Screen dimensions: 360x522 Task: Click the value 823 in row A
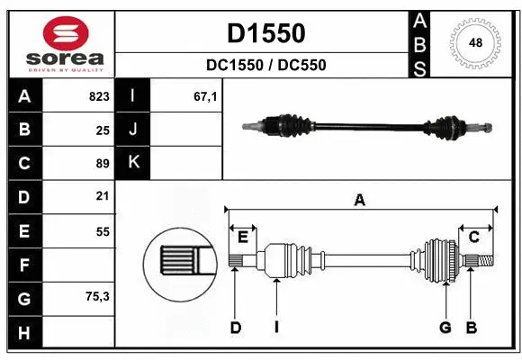[x=99, y=96]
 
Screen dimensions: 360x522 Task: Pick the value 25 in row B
[x=102, y=130]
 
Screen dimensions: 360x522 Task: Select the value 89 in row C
[x=102, y=163]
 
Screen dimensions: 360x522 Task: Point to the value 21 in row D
[x=102, y=195]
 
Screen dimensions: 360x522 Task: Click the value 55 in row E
[x=102, y=230]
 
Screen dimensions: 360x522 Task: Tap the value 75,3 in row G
[x=97, y=295]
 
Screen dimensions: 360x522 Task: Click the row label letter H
[x=24, y=333]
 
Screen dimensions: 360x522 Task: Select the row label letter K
[x=133, y=163]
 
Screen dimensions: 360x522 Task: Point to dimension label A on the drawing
[x=360, y=201]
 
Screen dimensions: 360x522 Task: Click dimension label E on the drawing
[x=243, y=237]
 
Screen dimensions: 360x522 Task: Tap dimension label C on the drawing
[x=473, y=237]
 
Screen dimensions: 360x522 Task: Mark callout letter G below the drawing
[x=445, y=328]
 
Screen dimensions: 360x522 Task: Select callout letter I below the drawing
[x=276, y=328]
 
